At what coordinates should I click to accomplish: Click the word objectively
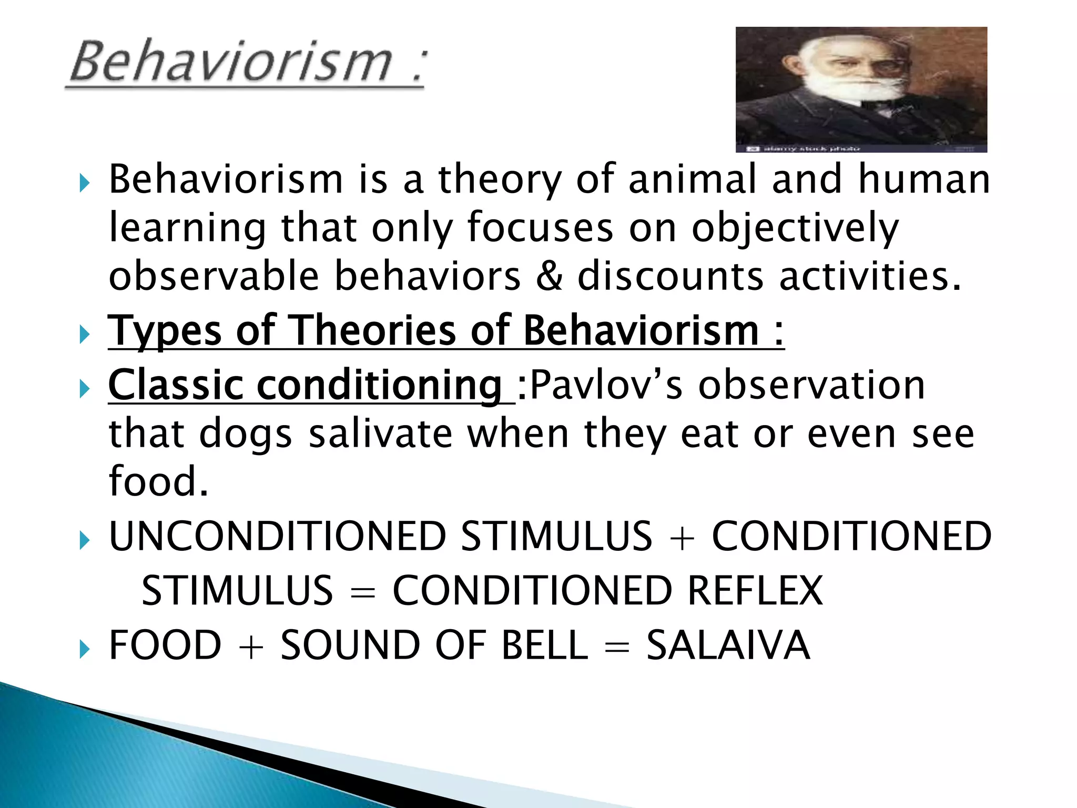click(795, 229)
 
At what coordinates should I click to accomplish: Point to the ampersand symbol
click(549, 277)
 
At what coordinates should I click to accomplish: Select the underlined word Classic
click(176, 385)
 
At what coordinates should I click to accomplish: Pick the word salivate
click(380, 434)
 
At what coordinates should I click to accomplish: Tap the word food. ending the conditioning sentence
click(158, 481)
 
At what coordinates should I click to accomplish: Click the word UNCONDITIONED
click(278, 537)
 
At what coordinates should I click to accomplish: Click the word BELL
click(544, 645)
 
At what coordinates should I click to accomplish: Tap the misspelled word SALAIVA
click(728, 645)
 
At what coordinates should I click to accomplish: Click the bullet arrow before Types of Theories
click(84, 334)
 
